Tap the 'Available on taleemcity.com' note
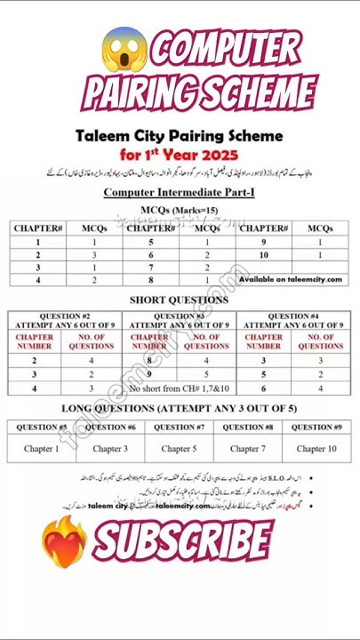coord(290,279)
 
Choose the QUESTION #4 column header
coord(293,321)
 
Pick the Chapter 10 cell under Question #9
coord(317,449)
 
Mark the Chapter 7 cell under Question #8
coord(248,449)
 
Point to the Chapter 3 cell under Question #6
coord(110,449)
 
